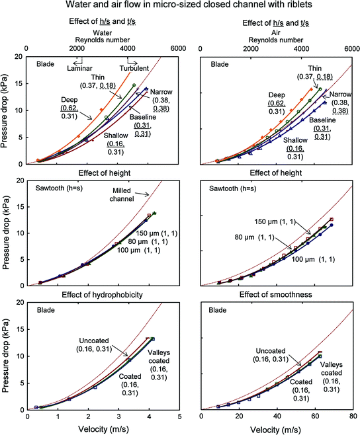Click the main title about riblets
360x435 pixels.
click(179, 7)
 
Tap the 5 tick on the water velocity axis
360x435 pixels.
click(179, 418)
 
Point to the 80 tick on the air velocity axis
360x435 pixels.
click(353, 418)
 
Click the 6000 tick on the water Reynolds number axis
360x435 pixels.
click(178, 48)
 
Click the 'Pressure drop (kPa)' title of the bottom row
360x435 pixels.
click(7, 356)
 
